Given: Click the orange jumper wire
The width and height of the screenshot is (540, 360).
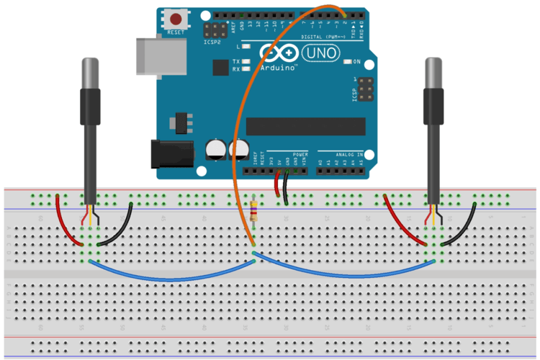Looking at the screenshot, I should (245, 108).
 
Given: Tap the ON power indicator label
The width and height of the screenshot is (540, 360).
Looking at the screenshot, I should (356, 62).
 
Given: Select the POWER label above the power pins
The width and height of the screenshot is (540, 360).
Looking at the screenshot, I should (300, 154).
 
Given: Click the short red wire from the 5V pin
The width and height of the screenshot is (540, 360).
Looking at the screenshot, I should (277, 186).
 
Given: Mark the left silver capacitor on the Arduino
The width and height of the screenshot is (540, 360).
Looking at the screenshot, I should (215, 150).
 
